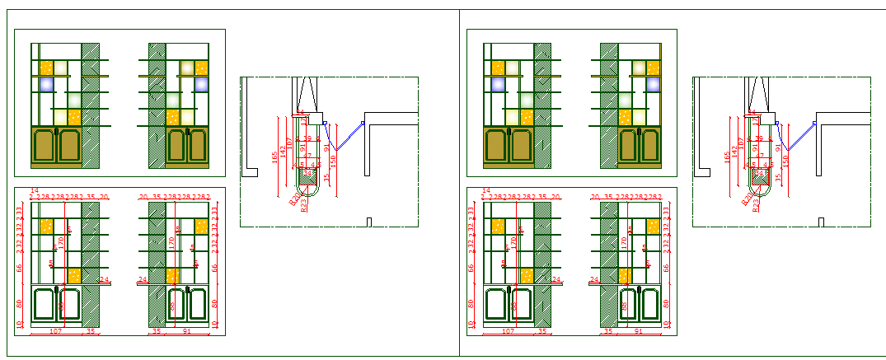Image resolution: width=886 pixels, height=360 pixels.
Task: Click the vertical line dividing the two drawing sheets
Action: point(459,181)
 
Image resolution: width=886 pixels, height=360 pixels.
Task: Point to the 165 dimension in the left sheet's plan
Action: point(274,157)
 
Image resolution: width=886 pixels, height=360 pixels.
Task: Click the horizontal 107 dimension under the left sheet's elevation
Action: point(57,331)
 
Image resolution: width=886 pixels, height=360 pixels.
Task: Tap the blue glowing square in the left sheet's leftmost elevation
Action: point(47,83)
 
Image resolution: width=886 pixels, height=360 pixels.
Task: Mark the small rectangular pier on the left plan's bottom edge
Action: point(368,222)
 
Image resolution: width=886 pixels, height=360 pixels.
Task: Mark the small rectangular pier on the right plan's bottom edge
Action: point(821,222)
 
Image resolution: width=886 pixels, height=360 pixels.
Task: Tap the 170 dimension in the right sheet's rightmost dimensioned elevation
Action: point(624,243)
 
